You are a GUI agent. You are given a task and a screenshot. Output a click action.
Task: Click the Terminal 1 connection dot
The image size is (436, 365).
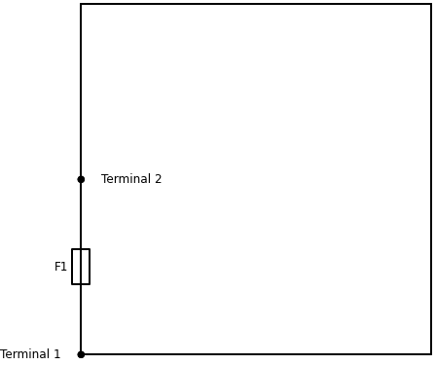pos(81,354)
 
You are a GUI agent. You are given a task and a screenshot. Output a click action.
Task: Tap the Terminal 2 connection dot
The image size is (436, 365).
pos(81,179)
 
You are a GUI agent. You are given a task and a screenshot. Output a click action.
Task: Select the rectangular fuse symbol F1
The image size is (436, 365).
pos(81,267)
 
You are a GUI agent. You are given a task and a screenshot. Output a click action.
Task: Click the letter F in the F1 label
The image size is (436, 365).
pos(58,267)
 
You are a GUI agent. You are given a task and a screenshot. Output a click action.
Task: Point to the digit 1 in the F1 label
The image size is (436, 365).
pos(64,267)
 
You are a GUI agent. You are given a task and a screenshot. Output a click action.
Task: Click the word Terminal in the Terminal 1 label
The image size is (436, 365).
pos(24,354)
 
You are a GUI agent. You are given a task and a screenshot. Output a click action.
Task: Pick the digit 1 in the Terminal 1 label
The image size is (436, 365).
pos(56,354)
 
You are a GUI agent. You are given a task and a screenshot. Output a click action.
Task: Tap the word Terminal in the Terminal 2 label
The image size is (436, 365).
pos(126,179)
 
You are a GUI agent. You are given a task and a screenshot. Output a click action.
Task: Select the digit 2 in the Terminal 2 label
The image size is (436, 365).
pos(158,179)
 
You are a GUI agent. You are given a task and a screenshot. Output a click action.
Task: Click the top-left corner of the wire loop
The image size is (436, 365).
pos(81,4)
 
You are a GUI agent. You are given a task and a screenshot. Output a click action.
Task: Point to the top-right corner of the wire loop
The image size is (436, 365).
pos(431,4)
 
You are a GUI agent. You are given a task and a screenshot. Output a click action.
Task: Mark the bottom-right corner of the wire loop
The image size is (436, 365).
pos(431,354)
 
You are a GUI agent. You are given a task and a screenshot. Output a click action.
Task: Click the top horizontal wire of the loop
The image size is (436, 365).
pos(256,4)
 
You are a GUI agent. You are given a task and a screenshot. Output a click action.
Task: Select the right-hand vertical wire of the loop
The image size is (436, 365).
pos(431,179)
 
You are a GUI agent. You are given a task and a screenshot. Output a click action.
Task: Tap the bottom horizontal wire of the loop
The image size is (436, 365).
pos(256,354)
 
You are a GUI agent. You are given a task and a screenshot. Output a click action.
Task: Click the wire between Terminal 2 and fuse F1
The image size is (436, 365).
pos(81,214)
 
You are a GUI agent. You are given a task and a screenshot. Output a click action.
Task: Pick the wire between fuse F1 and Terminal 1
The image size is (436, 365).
pos(81,319)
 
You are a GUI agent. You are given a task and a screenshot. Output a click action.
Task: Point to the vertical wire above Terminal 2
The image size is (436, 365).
pos(81,91)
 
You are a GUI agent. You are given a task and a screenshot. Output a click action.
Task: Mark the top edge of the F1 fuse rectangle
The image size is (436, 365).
pos(81,249)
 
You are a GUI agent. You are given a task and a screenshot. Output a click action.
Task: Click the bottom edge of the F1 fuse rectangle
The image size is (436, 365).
pos(81,284)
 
